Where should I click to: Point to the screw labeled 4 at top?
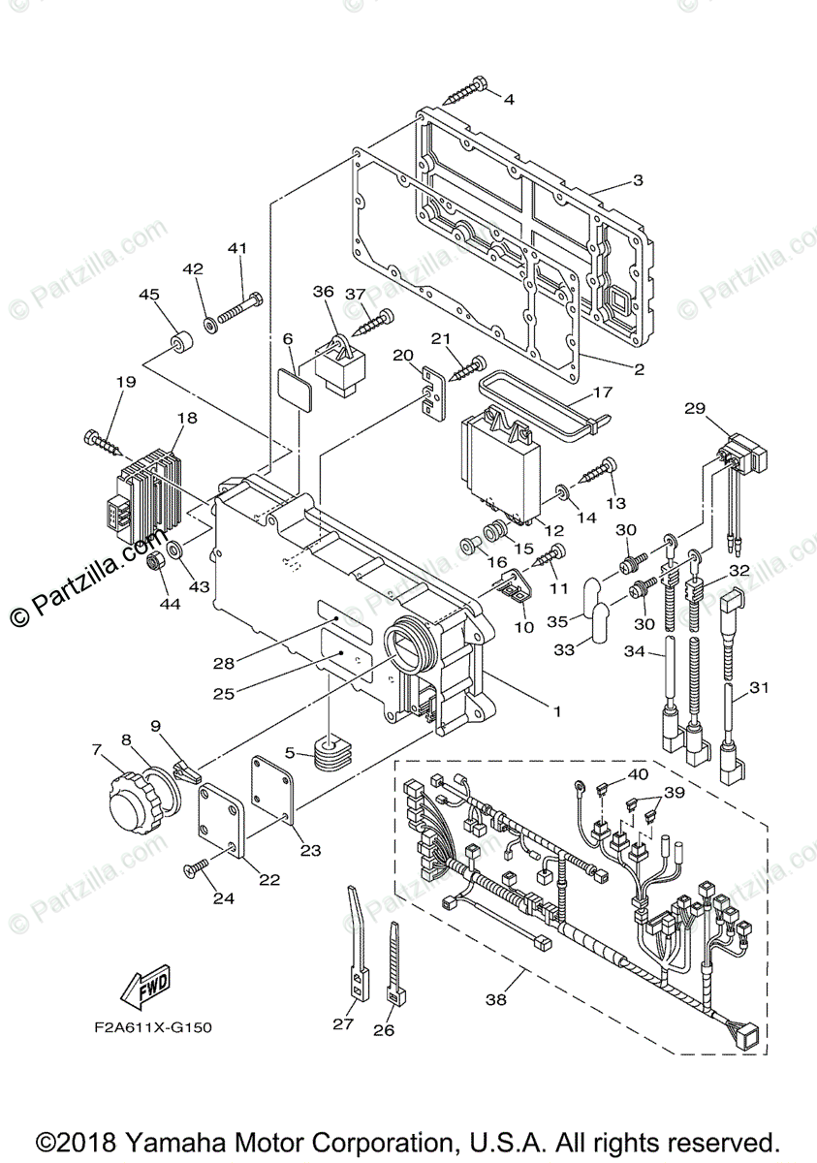(x=467, y=95)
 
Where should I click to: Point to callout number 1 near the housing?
(x=556, y=710)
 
